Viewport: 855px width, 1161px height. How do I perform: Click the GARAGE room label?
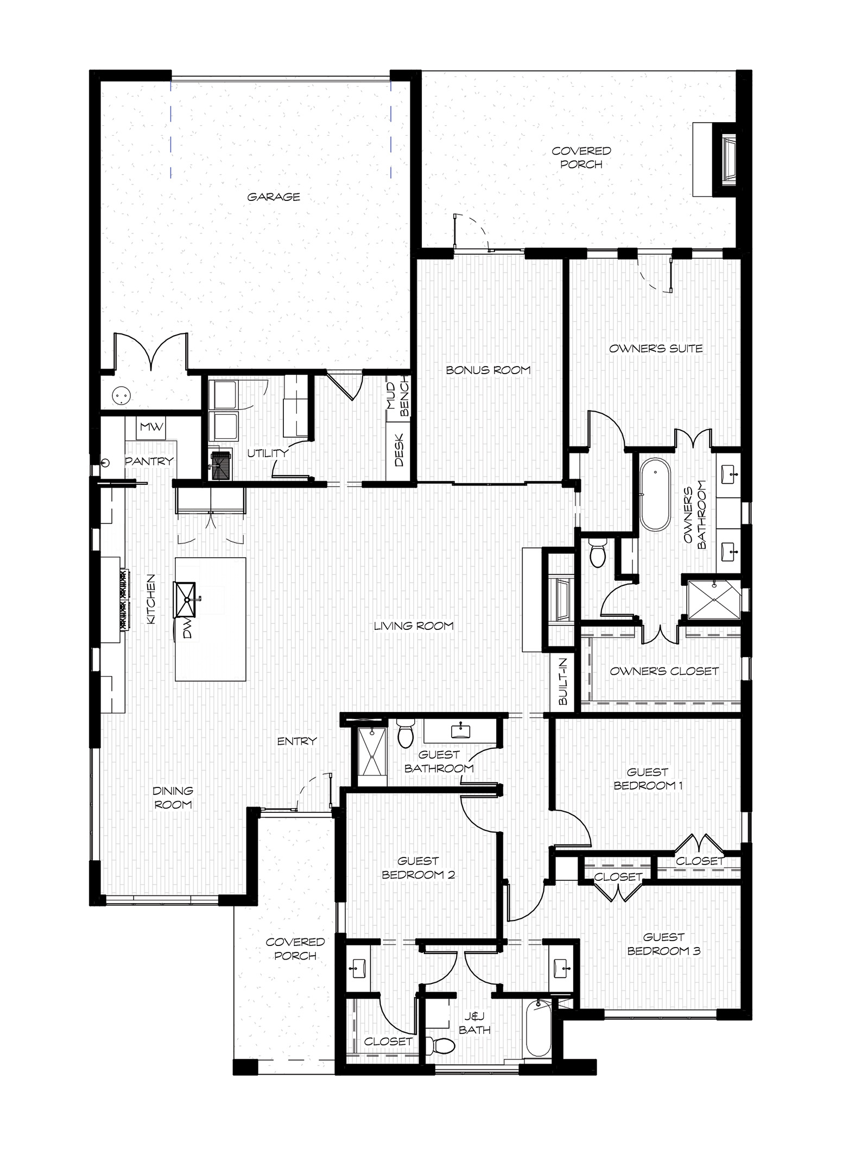pyautogui.click(x=274, y=197)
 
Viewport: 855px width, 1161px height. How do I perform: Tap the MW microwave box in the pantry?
pyautogui.click(x=151, y=427)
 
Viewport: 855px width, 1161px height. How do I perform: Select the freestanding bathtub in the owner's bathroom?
pyautogui.click(x=656, y=494)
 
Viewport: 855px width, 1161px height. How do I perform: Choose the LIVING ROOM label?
pyautogui.click(x=414, y=626)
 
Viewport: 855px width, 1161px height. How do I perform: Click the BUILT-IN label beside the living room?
pyautogui.click(x=562, y=681)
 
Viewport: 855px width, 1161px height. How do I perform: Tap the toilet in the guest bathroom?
pyautogui.click(x=406, y=734)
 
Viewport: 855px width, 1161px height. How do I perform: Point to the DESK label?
pyautogui.click(x=399, y=450)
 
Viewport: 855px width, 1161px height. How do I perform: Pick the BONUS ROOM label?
pyautogui.click(x=488, y=370)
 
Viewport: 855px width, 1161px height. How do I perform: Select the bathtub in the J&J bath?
pyautogui.click(x=538, y=1028)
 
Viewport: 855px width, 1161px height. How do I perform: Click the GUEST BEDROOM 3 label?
pyautogui.click(x=664, y=944)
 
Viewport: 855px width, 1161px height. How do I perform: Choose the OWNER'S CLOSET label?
pyautogui.click(x=664, y=671)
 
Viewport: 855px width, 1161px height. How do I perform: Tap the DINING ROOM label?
pyautogui.click(x=173, y=798)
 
